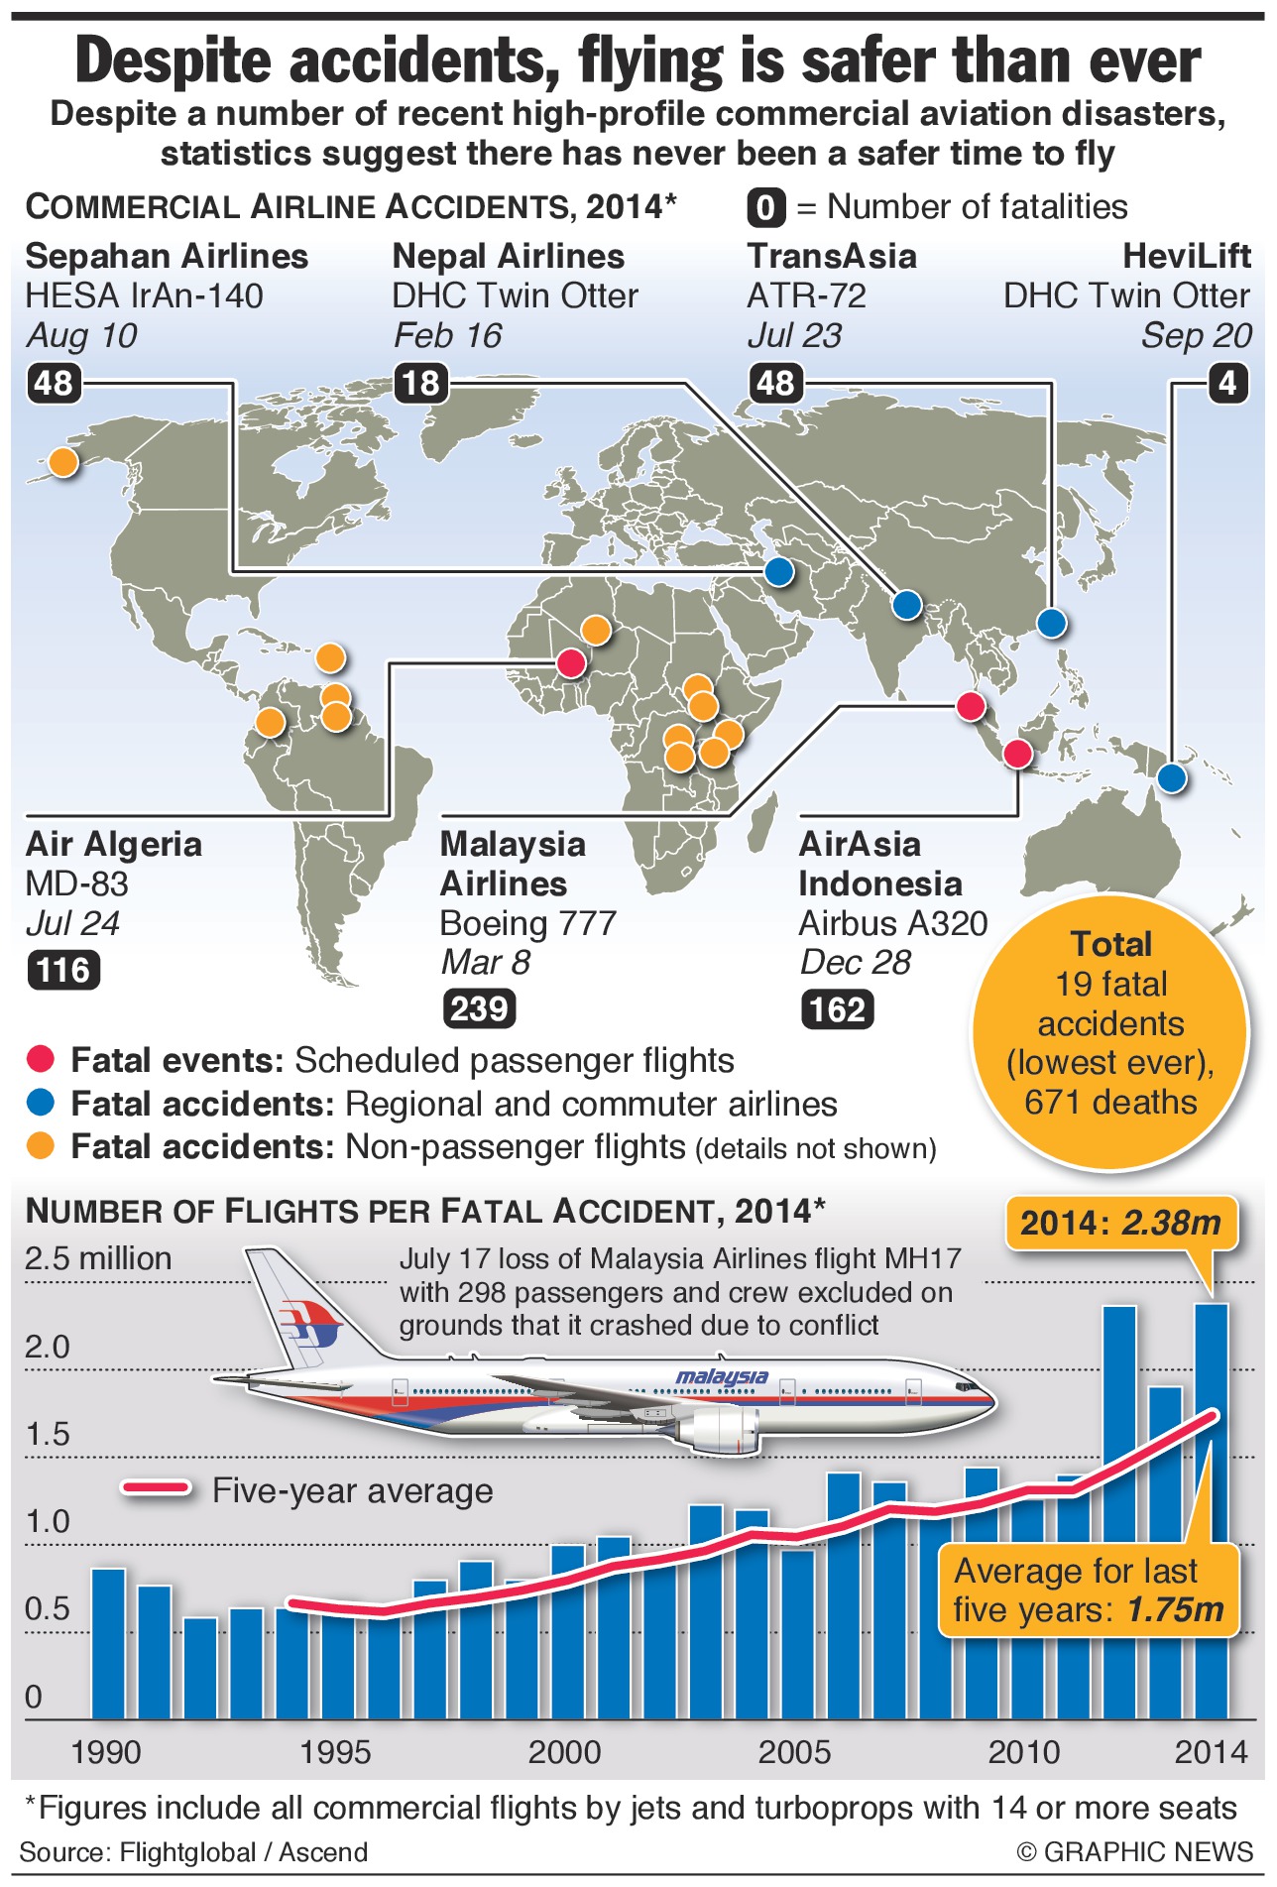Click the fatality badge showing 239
(x=479, y=1008)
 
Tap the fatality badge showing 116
(x=63, y=969)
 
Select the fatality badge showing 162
(x=838, y=1009)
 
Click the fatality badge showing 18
(x=420, y=383)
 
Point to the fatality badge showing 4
(x=1227, y=383)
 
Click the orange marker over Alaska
(x=62, y=461)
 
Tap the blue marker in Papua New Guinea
(x=1172, y=778)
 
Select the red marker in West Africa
(x=571, y=662)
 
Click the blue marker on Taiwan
(x=1051, y=623)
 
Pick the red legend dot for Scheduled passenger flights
(x=41, y=1060)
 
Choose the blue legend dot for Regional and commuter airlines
(x=41, y=1103)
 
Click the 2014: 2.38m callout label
(x=1121, y=1223)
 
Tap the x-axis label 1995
(x=336, y=1753)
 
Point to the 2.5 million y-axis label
(x=98, y=1258)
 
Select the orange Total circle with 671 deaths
(x=1110, y=1031)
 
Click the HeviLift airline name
(x=1186, y=256)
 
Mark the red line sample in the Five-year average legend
(x=156, y=1488)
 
